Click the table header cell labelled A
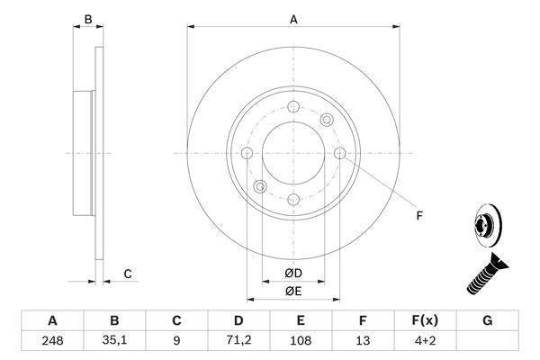click(x=52, y=320)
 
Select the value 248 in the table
click(x=52, y=342)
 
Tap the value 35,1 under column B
click(x=114, y=342)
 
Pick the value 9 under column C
click(x=177, y=342)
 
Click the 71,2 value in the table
click(x=238, y=342)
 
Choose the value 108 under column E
click(x=301, y=342)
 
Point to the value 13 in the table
click(x=364, y=342)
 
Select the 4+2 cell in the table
click(x=426, y=342)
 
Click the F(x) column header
click(x=426, y=320)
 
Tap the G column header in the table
click(x=488, y=320)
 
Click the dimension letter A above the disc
click(x=293, y=18)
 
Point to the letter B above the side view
click(x=87, y=18)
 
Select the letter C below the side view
click(x=128, y=274)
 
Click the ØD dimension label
click(x=293, y=274)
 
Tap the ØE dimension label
click(x=293, y=291)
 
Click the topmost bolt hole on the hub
click(x=293, y=108)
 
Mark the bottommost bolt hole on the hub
click(x=293, y=199)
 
